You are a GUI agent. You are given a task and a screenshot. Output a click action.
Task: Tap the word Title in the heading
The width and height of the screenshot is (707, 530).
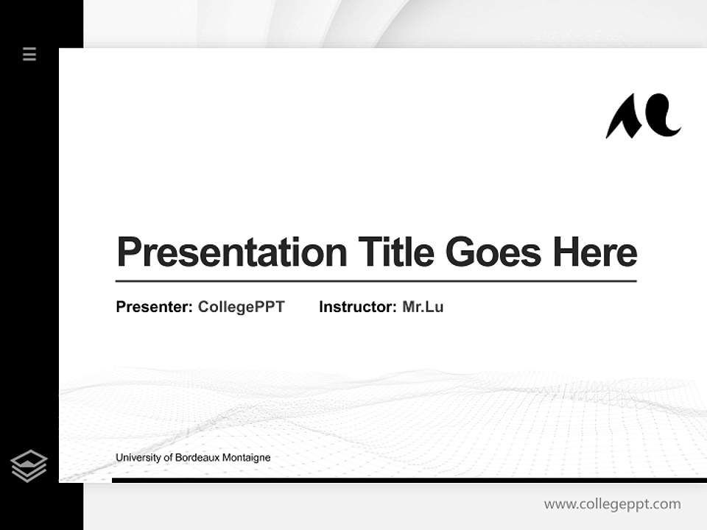[396, 252]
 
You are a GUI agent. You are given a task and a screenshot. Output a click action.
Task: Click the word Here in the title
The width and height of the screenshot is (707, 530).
[594, 252]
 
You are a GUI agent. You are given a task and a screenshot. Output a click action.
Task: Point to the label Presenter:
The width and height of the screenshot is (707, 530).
[154, 307]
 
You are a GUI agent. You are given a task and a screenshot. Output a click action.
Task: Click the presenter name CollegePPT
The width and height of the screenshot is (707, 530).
[241, 307]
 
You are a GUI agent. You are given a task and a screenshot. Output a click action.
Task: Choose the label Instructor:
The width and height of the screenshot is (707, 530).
[357, 307]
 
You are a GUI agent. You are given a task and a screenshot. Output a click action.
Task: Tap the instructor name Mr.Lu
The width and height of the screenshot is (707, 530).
[423, 307]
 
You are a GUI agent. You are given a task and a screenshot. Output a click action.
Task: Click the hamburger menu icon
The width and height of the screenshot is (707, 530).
[29, 54]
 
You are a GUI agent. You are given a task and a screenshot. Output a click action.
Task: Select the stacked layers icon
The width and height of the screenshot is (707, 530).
[29, 466]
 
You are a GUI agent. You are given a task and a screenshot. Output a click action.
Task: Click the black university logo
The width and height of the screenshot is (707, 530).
[643, 116]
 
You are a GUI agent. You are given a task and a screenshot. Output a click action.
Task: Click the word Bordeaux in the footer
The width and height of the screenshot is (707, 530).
[196, 458]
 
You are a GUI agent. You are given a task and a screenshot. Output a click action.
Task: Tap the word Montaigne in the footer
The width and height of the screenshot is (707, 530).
[246, 458]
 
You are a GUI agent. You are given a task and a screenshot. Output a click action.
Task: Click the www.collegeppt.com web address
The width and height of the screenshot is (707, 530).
[612, 504]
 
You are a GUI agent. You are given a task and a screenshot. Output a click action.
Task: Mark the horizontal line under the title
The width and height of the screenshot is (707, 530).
[376, 281]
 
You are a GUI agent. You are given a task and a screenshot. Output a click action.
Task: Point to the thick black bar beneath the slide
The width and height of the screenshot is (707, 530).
[409, 480]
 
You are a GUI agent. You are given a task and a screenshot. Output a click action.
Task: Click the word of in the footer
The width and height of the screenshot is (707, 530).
[168, 458]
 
